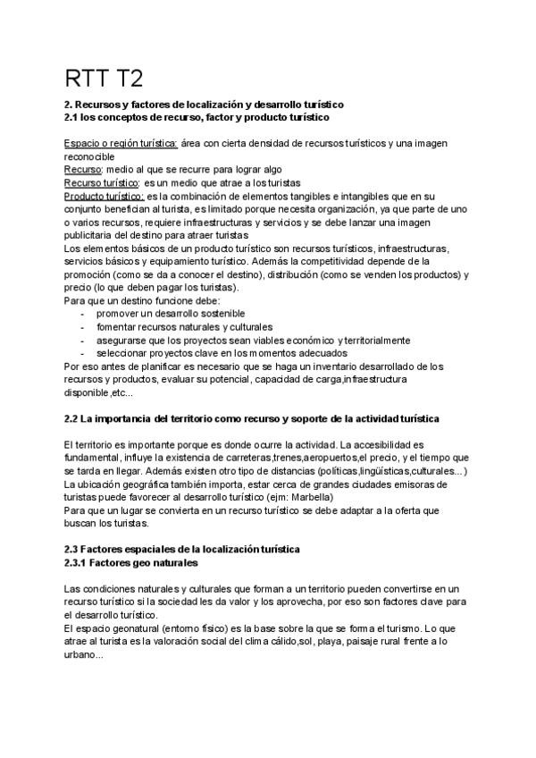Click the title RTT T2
pos(104,77)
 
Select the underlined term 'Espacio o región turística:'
pos(121,143)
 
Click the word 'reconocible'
pos(89,156)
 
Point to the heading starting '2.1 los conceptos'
pos(197,117)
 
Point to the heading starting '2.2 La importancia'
pos(252,418)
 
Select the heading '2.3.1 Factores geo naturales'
pos(130,563)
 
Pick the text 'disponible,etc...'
pos(98,392)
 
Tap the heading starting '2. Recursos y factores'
pos(205,105)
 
